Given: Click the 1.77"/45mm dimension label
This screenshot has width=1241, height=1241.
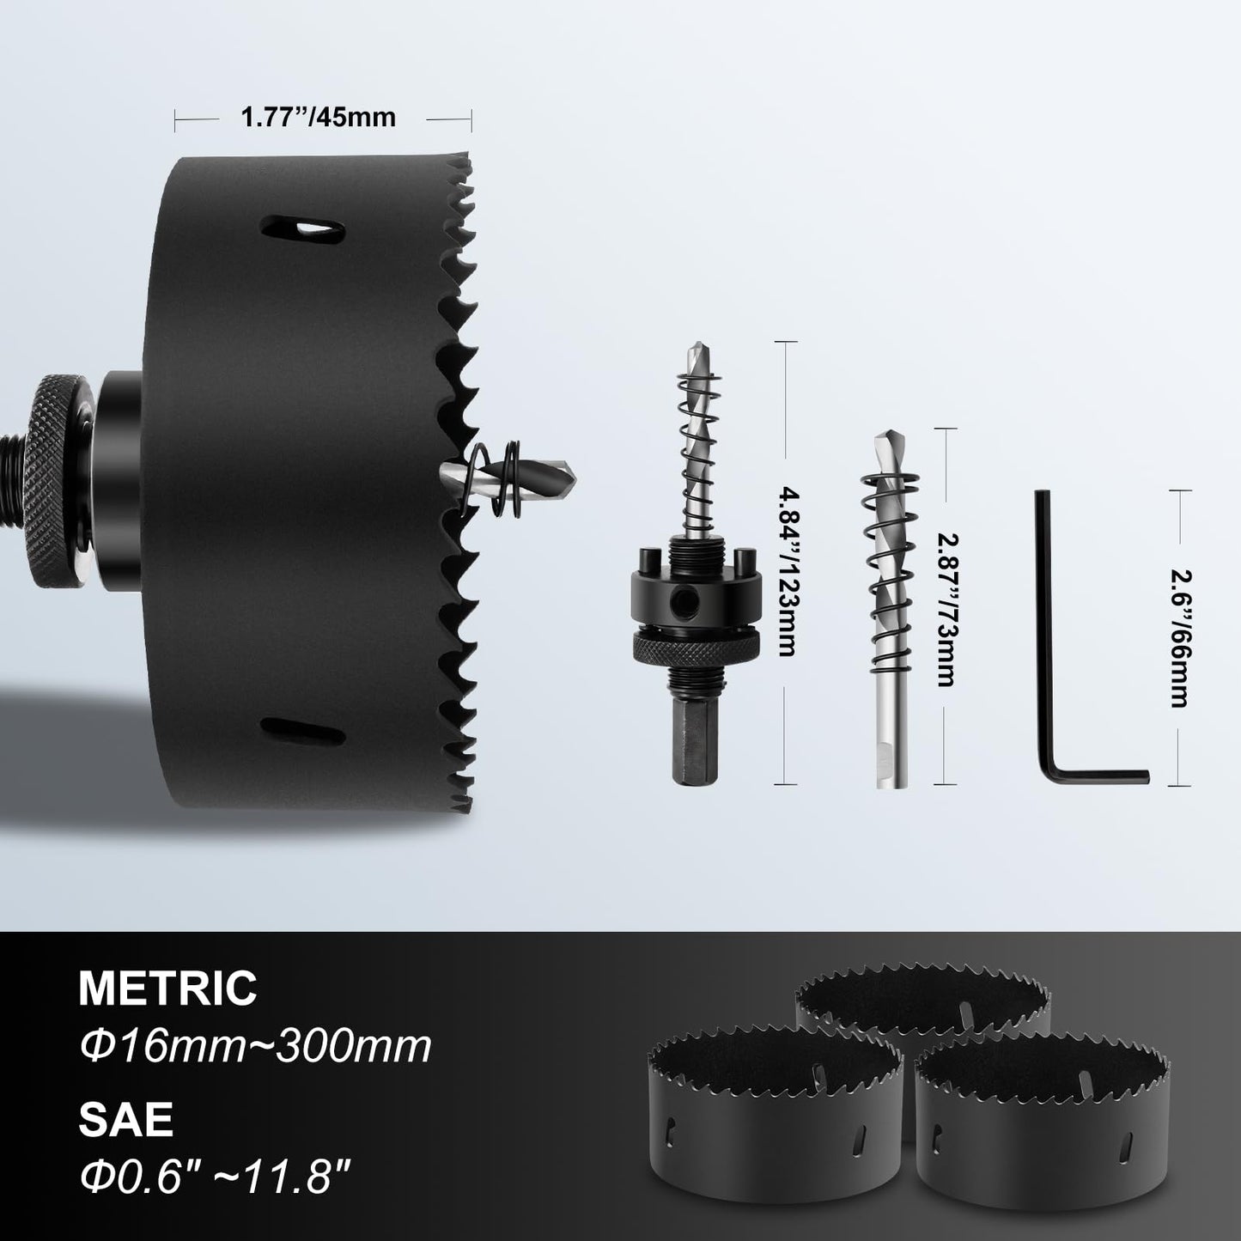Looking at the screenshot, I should pos(319,117).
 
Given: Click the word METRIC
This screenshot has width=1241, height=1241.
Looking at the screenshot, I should pos(168,988).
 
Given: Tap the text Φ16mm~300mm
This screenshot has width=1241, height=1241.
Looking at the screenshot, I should pos(255,1047).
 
